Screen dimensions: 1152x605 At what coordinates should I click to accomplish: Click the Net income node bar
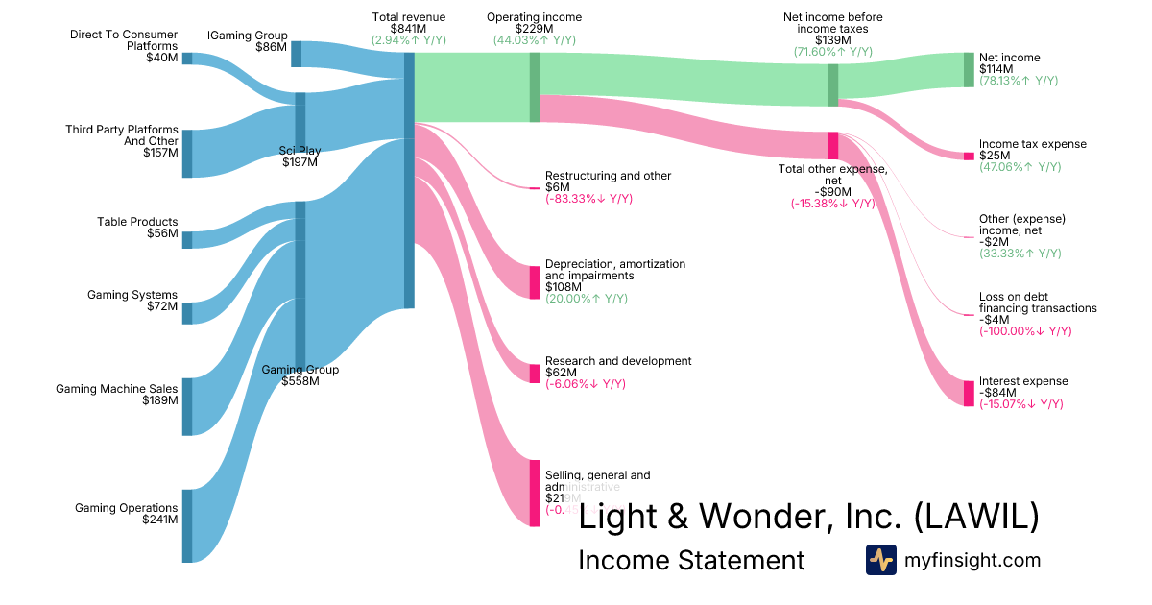click(969, 70)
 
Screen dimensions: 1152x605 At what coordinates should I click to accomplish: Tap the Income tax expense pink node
click(969, 156)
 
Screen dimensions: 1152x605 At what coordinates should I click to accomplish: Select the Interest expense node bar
click(969, 394)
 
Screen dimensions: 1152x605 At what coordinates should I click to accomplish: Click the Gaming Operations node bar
click(187, 525)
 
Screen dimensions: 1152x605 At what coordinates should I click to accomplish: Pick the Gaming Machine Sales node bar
click(187, 406)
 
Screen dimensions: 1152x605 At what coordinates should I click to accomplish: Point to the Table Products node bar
click(187, 239)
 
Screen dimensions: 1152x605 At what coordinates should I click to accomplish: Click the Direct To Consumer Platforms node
click(187, 58)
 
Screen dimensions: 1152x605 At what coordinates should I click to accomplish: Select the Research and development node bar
click(535, 374)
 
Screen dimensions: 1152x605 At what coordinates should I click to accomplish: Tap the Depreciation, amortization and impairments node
click(535, 282)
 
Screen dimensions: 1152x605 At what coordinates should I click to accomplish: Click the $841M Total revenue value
click(408, 29)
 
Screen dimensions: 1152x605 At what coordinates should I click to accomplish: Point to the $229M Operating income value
click(534, 29)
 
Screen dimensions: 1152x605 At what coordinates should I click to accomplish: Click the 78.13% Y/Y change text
click(1020, 82)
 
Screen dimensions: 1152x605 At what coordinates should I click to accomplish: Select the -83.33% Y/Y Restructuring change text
click(588, 199)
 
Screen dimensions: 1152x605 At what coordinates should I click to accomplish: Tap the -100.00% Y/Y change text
click(1025, 331)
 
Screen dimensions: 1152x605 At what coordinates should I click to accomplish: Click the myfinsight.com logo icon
click(880, 560)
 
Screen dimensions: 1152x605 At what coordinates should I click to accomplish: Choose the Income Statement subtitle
click(691, 560)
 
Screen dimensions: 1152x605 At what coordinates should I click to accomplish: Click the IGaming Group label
click(247, 36)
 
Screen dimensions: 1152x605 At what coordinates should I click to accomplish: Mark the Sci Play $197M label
click(300, 156)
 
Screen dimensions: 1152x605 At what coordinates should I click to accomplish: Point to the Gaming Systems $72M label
click(132, 301)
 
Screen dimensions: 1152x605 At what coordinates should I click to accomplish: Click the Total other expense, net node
click(832, 145)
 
